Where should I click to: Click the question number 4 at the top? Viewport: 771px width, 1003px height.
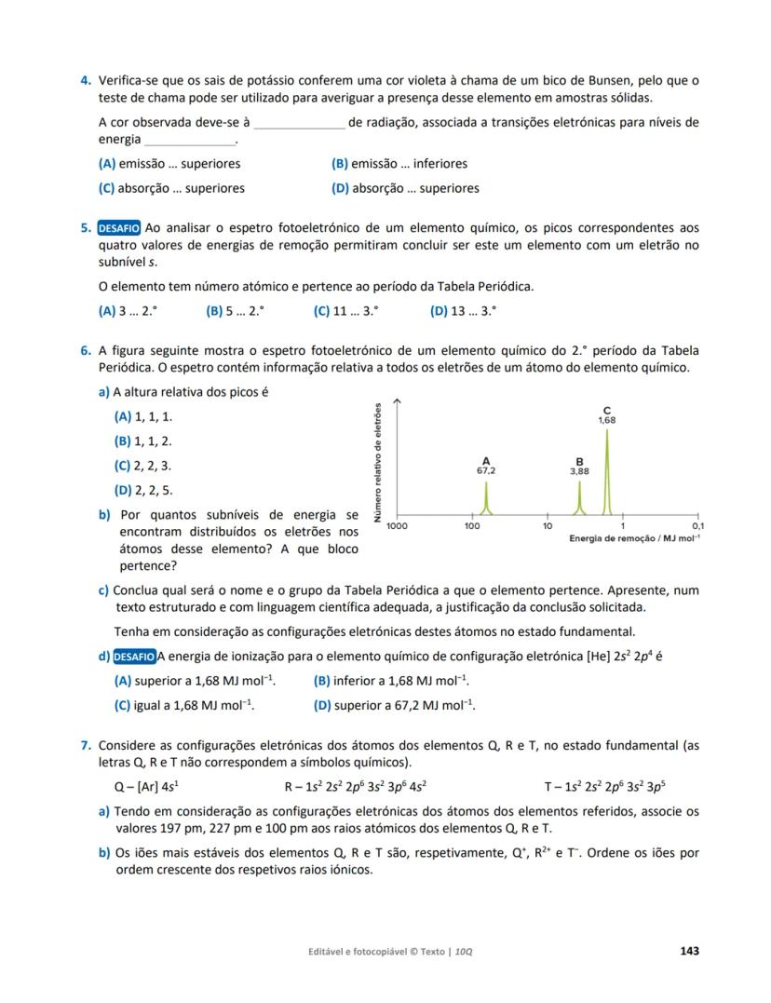(85, 81)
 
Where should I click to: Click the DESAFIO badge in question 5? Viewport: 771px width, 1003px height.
(119, 228)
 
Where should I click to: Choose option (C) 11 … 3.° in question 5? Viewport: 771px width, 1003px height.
(345, 312)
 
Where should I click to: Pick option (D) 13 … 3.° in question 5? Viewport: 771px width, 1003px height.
(463, 312)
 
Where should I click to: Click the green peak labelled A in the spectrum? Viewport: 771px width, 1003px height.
(486, 498)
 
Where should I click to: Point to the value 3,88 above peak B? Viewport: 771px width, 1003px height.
(579, 471)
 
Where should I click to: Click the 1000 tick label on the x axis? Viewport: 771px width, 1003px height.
(397, 526)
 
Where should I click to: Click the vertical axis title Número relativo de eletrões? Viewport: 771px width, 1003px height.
(377, 462)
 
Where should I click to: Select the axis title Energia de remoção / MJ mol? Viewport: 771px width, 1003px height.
(634, 539)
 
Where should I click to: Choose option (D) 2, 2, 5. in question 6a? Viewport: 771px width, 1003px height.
(142, 491)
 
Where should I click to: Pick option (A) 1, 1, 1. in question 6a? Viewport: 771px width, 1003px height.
(142, 417)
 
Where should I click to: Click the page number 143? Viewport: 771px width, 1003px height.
(689, 951)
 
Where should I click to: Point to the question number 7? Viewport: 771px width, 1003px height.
(85, 746)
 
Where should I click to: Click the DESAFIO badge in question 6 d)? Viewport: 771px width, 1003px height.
(133, 657)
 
